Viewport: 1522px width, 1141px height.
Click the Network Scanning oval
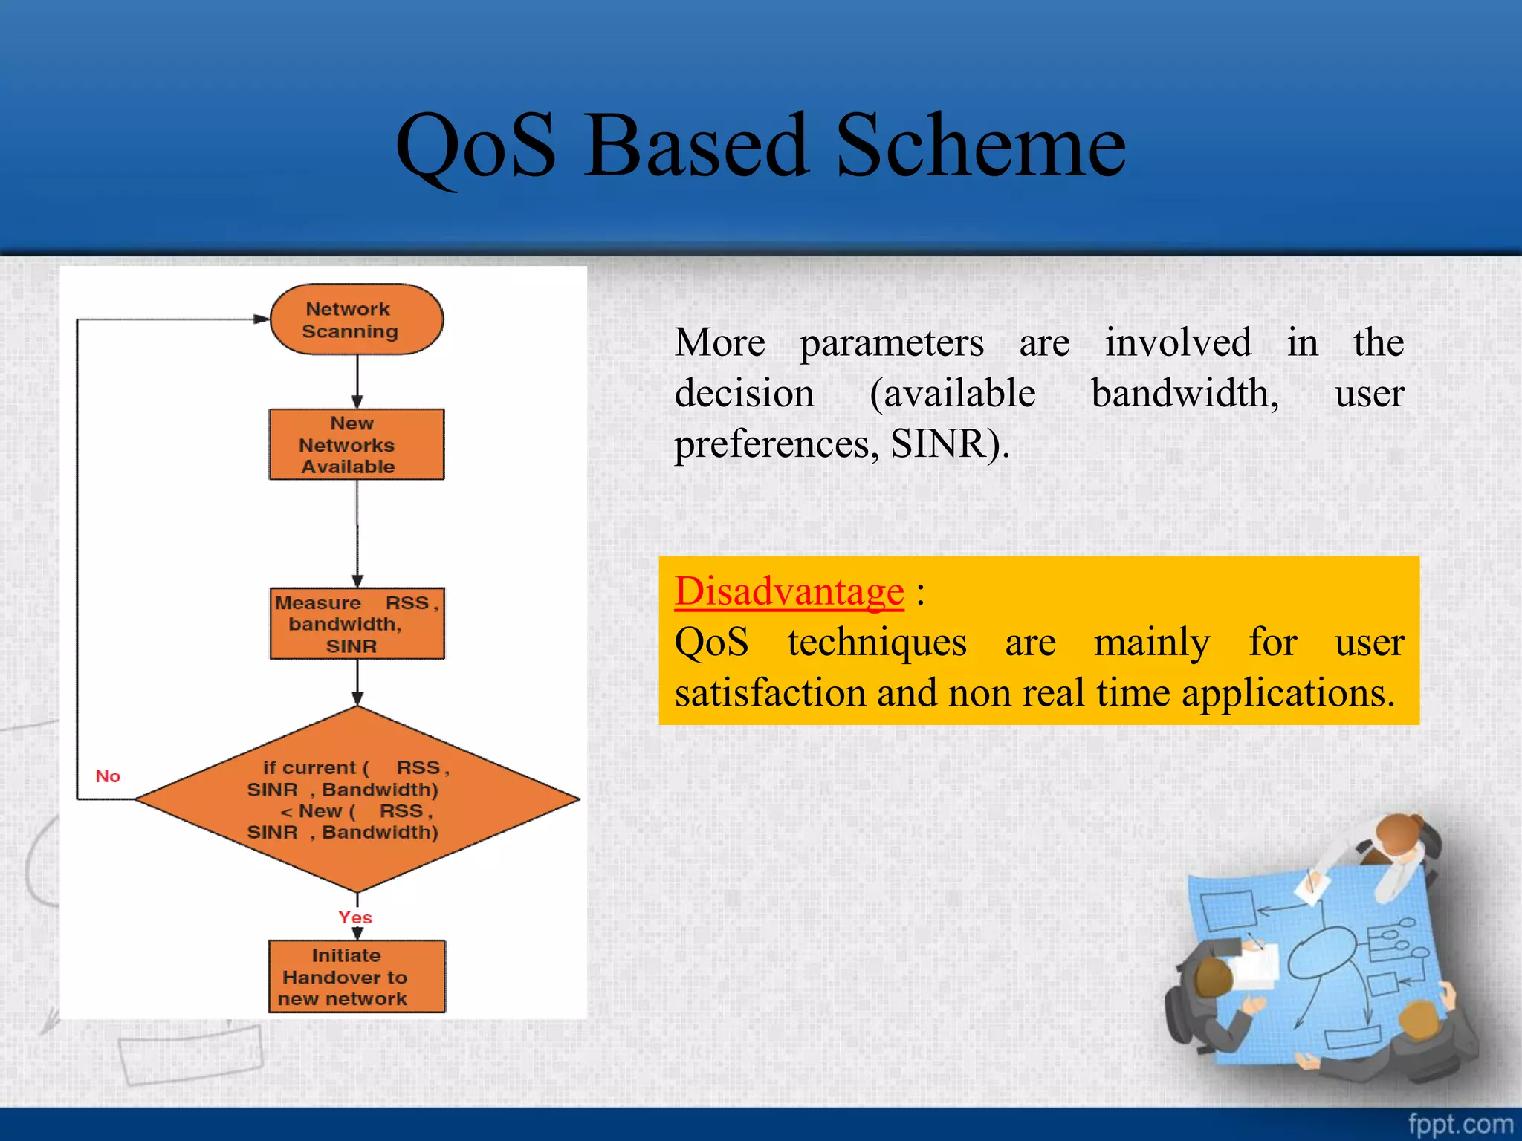[x=357, y=319]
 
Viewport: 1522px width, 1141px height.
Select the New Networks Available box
[x=357, y=444]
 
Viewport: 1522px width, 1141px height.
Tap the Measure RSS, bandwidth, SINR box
[x=357, y=624]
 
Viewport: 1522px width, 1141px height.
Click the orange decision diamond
[x=357, y=799]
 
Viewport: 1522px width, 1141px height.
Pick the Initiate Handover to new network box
[x=357, y=977]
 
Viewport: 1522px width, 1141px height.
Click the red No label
[x=108, y=776]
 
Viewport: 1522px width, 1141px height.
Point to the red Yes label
[x=355, y=917]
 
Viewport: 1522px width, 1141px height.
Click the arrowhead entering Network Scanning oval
[x=261, y=319]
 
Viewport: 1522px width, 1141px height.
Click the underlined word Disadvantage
[x=789, y=592]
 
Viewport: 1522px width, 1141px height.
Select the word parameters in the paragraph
[x=892, y=343]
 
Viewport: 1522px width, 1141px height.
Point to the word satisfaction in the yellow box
[x=770, y=693]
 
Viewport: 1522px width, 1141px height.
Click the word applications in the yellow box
[x=1288, y=693]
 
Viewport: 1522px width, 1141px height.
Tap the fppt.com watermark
[x=1460, y=1124]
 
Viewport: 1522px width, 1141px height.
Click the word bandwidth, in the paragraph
[x=1185, y=394]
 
